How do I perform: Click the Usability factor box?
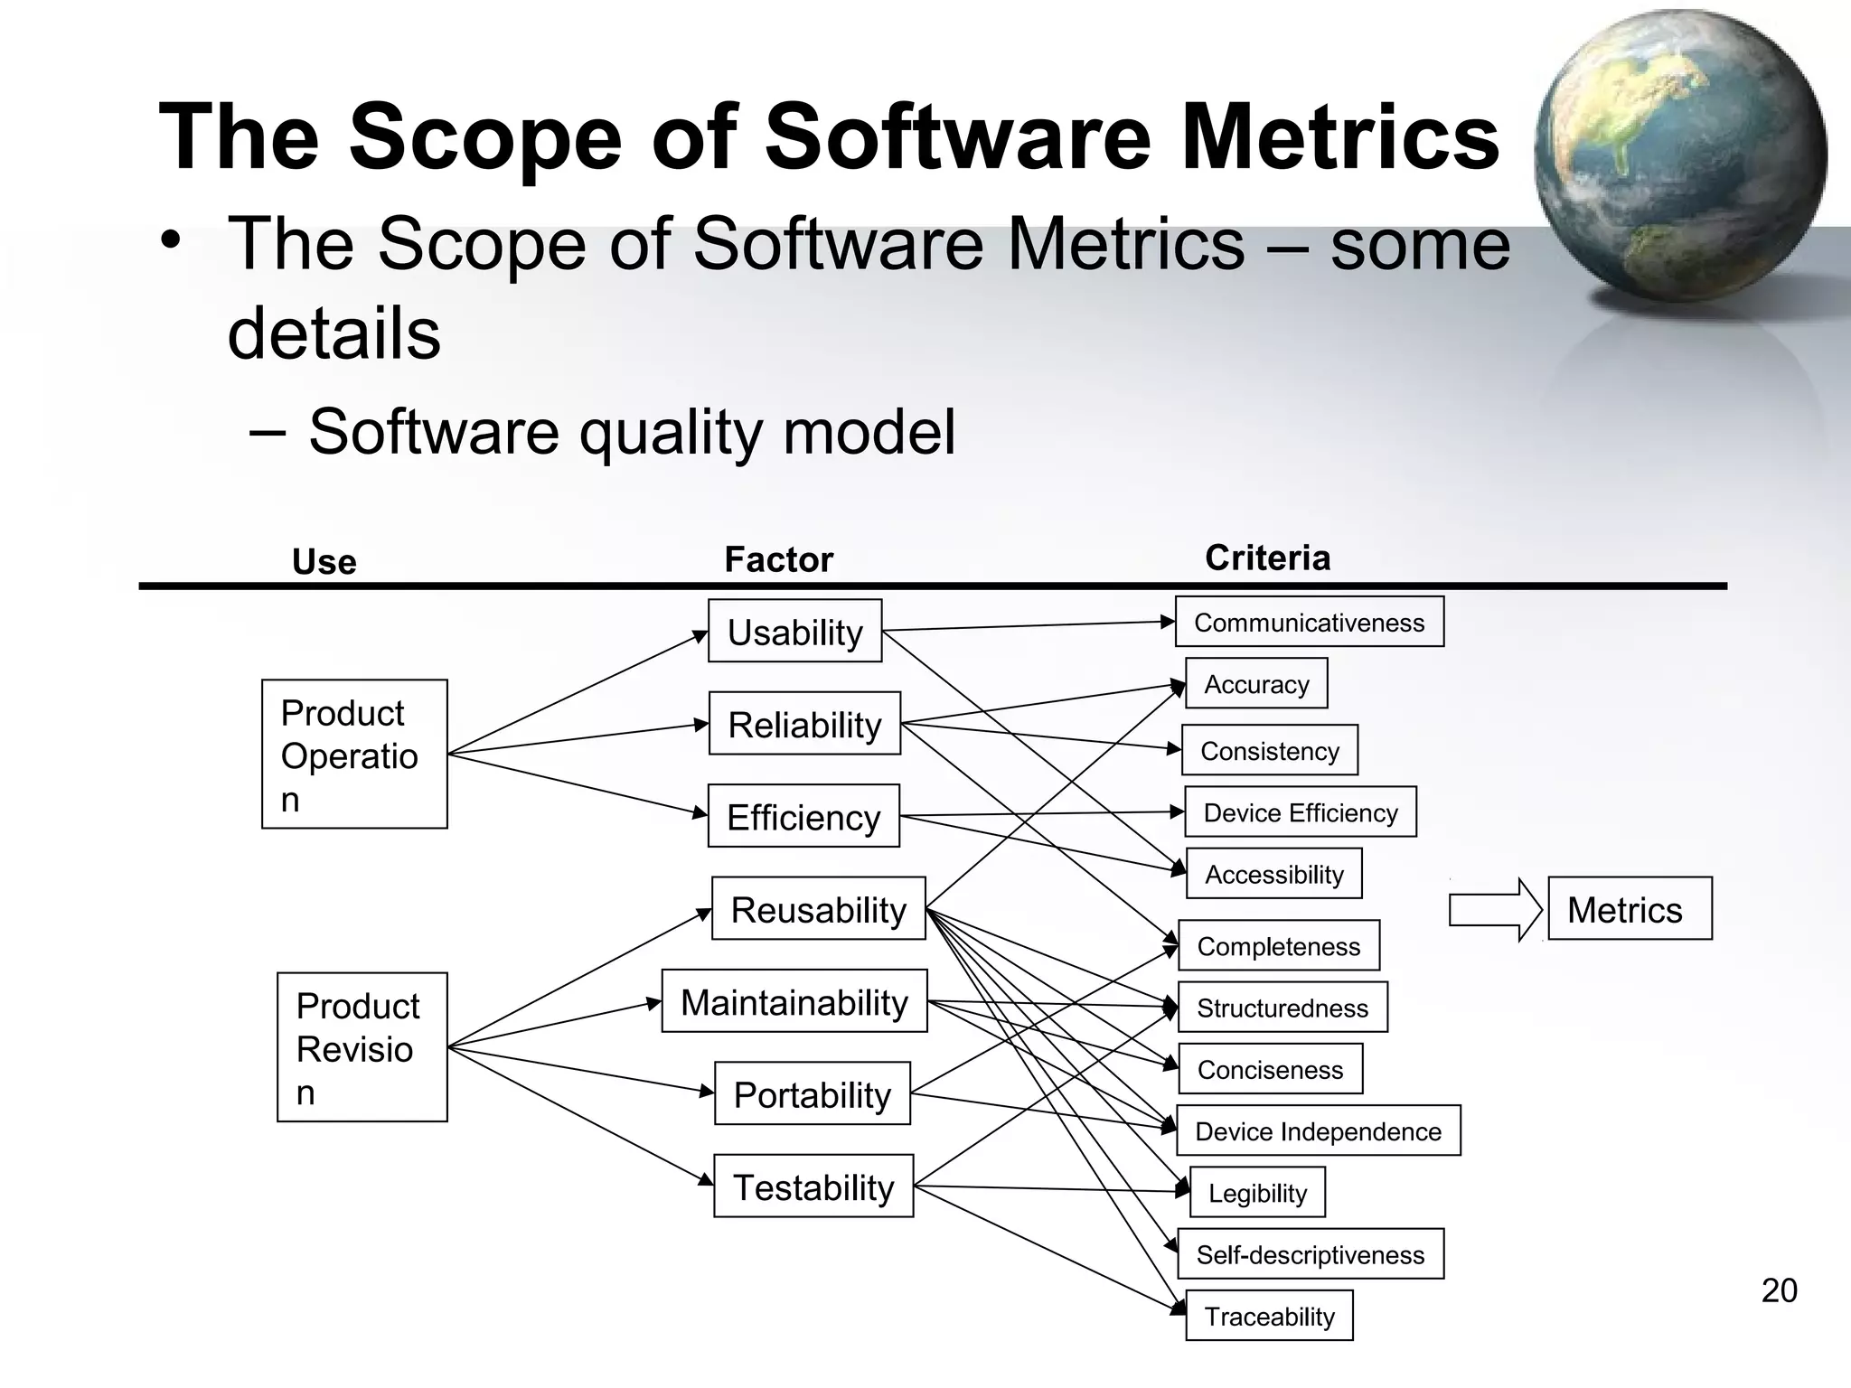[x=794, y=631]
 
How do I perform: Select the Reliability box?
[x=804, y=723]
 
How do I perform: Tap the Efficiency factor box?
[x=803, y=815]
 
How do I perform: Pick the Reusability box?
[x=818, y=908]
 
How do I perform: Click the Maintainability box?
[x=794, y=1000]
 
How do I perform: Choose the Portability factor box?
[x=812, y=1093]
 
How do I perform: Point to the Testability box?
[x=813, y=1186]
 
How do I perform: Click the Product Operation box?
[x=354, y=754]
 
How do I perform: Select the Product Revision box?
[x=362, y=1047]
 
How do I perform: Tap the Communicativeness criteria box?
[x=1309, y=622]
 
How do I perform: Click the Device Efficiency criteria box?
[x=1300, y=811]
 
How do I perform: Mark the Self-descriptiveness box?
[x=1310, y=1253]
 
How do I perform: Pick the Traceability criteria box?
[x=1269, y=1316]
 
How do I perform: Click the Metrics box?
[x=1629, y=908]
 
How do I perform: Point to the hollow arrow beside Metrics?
[x=1494, y=909]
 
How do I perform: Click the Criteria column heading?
[x=1267, y=558]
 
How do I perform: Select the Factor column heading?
[x=778, y=559]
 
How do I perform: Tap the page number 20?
[x=1779, y=1290]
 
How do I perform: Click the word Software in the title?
[x=958, y=137]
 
